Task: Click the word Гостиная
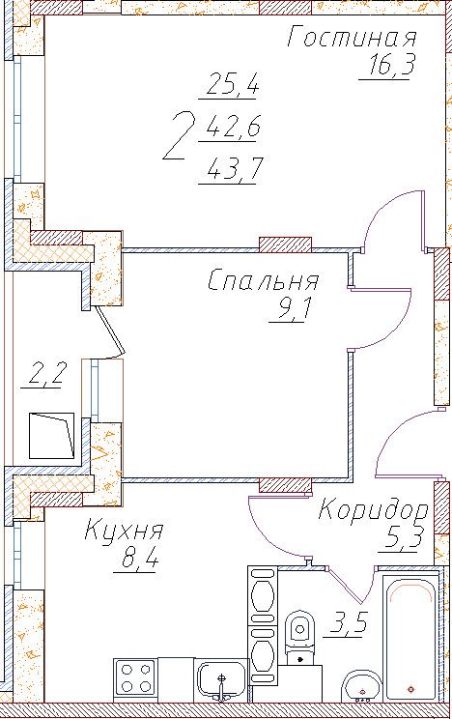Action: point(353,37)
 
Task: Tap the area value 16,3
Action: point(391,64)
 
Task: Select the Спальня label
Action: point(263,280)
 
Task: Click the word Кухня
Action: point(124,530)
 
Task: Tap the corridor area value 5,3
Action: point(403,537)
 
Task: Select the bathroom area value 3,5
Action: point(348,622)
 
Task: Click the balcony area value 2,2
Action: point(47,373)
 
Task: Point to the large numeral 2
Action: point(180,135)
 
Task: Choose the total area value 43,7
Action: point(235,169)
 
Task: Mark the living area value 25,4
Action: point(233,83)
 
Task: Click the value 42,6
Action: point(234,127)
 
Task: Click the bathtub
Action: point(410,638)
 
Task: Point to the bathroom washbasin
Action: point(362,686)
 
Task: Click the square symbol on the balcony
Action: point(52,436)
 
